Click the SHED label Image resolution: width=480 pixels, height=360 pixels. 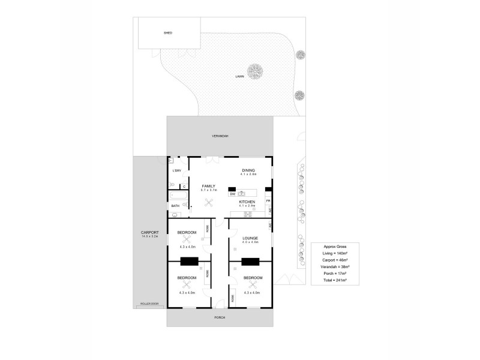click(168, 32)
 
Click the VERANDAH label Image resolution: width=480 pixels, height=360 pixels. click(220, 136)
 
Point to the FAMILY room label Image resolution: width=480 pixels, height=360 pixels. click(208, 187)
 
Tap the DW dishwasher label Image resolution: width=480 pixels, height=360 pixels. click(232, 194)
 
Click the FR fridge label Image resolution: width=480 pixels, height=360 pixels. click(268, 200)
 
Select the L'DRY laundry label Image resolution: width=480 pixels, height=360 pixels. click(176, 171)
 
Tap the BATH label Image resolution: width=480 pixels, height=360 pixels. click(175, 206)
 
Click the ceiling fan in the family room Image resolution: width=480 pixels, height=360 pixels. click(208, 202)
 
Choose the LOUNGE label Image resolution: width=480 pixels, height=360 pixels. click(250, 238)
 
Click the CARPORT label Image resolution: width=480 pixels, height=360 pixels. click(149, 233)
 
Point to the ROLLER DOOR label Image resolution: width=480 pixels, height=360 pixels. click(149, 304)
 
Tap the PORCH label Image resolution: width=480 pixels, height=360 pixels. click(220, 317)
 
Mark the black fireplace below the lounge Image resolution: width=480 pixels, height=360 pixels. click(250, 261)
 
